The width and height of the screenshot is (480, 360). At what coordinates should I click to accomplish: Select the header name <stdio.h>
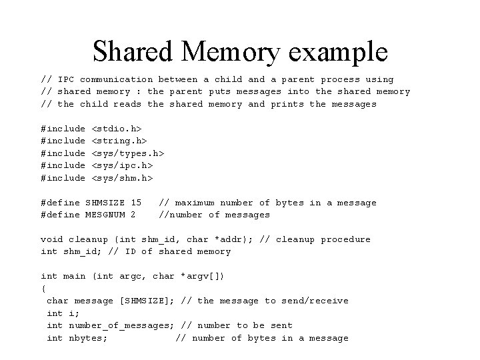point(116,129)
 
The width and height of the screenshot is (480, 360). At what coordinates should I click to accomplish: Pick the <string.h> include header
point(119,141)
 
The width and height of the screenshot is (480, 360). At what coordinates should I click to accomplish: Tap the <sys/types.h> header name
point(127,153)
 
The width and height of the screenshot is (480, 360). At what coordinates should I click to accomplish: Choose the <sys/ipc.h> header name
point(121,165)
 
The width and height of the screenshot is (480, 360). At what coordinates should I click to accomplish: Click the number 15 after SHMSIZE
point(136,203)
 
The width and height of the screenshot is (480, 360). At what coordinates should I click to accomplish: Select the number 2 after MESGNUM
point(133,215)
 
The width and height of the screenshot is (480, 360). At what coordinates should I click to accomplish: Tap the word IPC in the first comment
point(66,79)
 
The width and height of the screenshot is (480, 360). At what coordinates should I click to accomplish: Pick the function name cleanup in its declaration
point(88,239)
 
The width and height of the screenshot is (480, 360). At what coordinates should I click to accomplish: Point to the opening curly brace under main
point(44,289)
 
